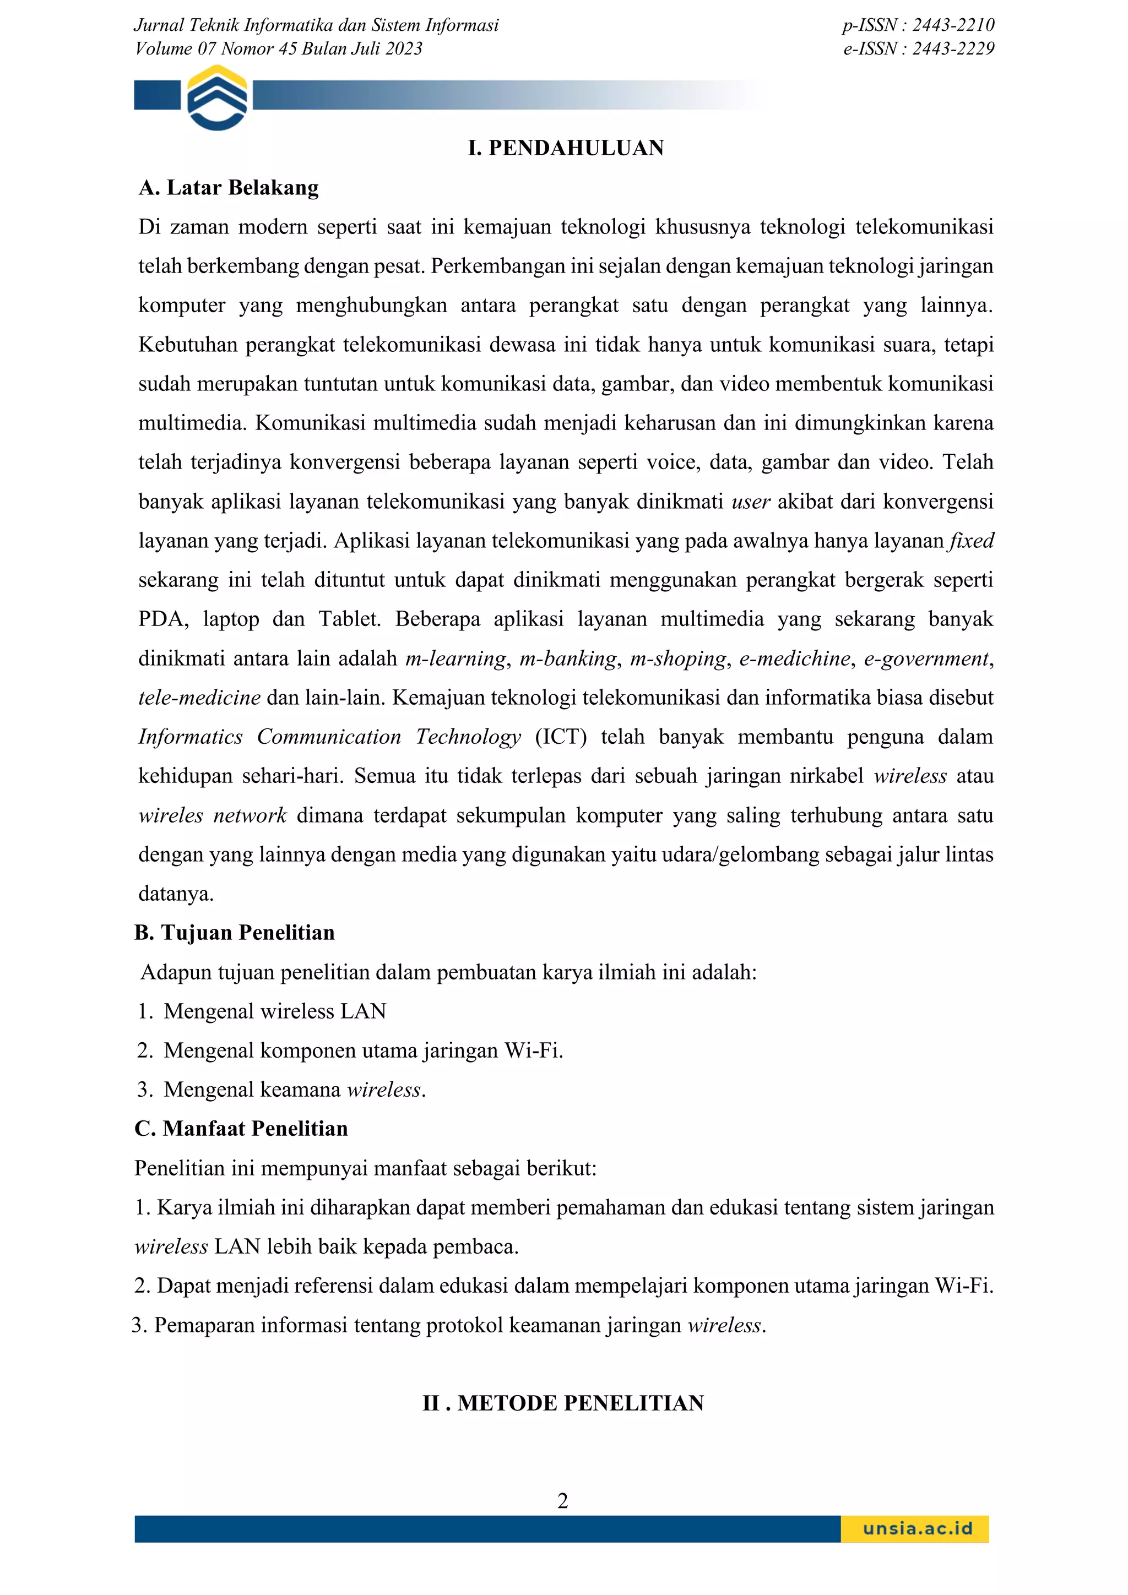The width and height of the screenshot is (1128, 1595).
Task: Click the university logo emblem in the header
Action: [x=217, y=97]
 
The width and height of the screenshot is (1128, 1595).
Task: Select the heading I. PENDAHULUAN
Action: [x=566, y=148]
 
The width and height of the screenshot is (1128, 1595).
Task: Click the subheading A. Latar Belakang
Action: [x=229, y=188]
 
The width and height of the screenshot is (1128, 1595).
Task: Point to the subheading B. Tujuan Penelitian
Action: [x=234, y=932]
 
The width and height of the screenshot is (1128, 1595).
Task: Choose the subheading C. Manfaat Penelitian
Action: [x=241, y=1128]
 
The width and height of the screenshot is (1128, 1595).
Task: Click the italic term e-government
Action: [x=926, y=658]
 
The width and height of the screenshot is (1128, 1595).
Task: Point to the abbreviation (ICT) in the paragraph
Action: [x=560, y=736]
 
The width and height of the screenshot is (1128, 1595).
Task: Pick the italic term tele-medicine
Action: [x=199, y=698]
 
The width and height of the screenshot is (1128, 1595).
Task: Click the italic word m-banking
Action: [x=568, y=658]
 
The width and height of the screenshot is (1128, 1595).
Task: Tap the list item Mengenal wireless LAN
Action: [x=274, y=1011]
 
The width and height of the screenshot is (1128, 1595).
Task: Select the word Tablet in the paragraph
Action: [x=350, y=619]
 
